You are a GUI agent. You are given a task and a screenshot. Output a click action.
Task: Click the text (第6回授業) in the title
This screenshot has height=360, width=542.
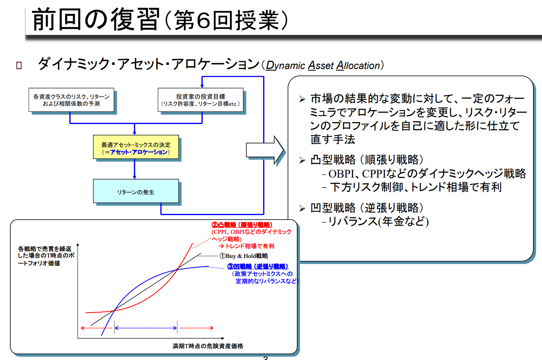point(226,20)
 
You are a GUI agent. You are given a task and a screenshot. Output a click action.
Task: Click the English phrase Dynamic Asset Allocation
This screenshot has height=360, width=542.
point(322,65)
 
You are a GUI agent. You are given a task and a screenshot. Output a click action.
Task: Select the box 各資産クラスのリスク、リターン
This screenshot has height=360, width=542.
point(71,100)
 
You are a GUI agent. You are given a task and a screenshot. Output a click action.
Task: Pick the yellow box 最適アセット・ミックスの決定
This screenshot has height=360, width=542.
point(135,148)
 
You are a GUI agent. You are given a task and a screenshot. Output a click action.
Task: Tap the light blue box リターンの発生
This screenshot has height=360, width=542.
point(135,191)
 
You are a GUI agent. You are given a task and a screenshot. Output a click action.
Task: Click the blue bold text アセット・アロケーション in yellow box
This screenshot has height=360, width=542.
point(139,152)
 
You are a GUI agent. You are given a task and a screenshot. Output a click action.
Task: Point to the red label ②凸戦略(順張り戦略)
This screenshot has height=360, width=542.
point(242,225)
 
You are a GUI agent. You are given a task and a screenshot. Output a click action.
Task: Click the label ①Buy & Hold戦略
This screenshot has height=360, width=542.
point(244,256)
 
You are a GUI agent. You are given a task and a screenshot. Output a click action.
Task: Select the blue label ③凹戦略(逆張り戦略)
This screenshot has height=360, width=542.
point(258,267)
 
